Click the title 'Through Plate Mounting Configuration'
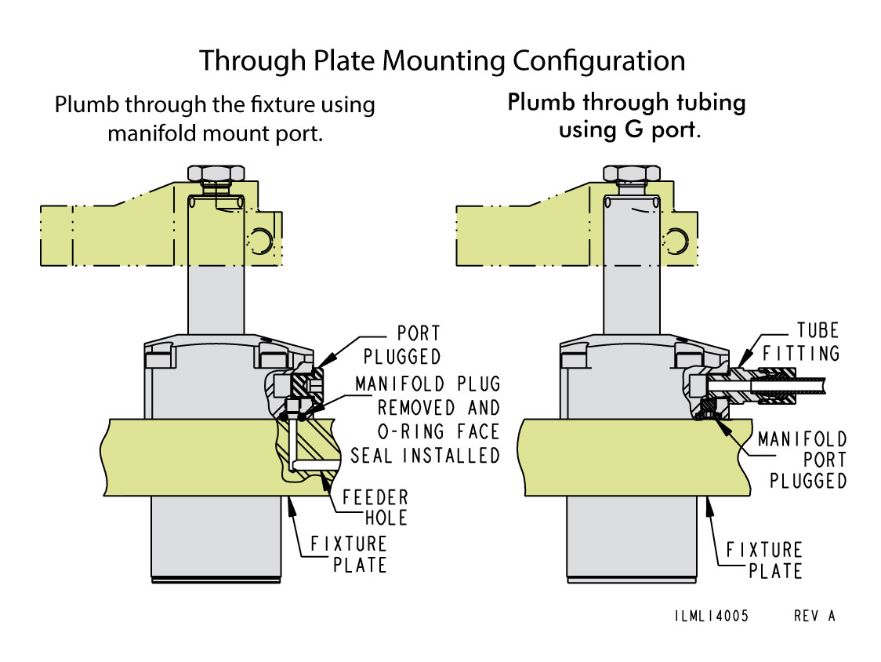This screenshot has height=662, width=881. click(441, 60)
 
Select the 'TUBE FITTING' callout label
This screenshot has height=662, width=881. click(807, 341)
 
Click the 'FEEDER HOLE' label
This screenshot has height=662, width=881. click(375, 507)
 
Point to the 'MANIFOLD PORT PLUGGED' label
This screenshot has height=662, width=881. click(802, 459)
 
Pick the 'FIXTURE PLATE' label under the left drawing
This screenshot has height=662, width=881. click(348, 554)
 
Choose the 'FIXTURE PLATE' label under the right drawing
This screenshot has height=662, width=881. click(763, 560)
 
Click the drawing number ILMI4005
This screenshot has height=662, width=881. click(711, 616)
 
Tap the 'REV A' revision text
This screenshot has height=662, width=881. click(814, 616)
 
